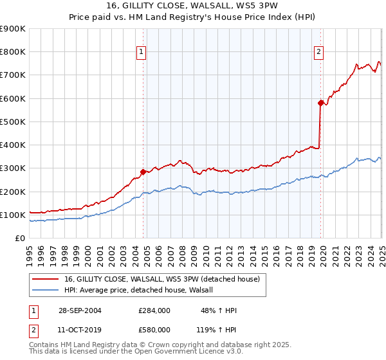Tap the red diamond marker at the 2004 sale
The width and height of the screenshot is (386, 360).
pyautogui.click(x=143, y=172)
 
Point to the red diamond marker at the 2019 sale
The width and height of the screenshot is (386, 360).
pyautogui.click(x=320, y=102)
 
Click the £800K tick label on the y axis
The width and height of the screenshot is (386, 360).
pyautogui.click(x=13, y=52)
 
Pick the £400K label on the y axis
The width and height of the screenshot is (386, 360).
pyautogui.click(x=13, y=145)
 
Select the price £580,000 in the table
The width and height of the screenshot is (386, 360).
pyautogui.click(x=154, y=329)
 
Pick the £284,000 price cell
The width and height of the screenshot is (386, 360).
pyautogui.click(x=154, y=310)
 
